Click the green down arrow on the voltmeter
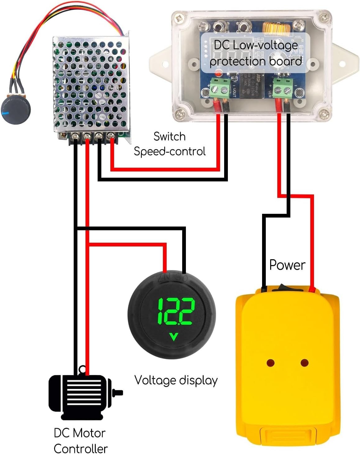tap(173, 337)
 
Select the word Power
tap(287, 265)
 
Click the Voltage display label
tap(176, 380)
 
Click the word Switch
tap(169, 136)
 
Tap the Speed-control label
tap(170, 152)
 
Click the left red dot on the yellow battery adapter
tap(270, 363)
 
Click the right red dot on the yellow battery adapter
tap(305, 363)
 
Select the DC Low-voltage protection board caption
tap(256, 53)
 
